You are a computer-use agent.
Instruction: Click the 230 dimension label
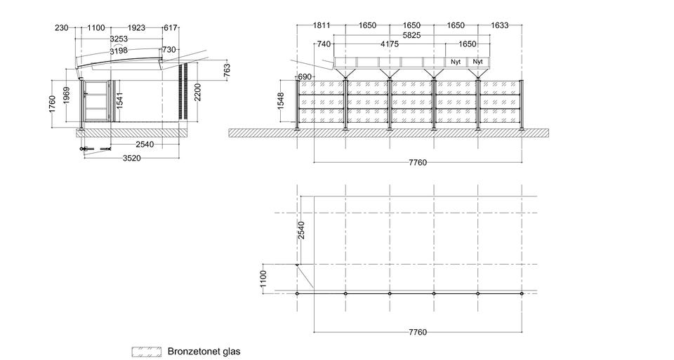62,28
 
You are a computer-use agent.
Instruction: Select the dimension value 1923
136,28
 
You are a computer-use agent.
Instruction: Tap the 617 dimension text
170,28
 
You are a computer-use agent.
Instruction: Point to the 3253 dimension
119,39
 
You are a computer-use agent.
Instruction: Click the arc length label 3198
118,51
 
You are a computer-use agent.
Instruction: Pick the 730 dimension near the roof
169,50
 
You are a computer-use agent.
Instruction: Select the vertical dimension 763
227,70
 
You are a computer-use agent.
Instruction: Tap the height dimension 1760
52,104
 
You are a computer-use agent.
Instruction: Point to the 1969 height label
66,96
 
